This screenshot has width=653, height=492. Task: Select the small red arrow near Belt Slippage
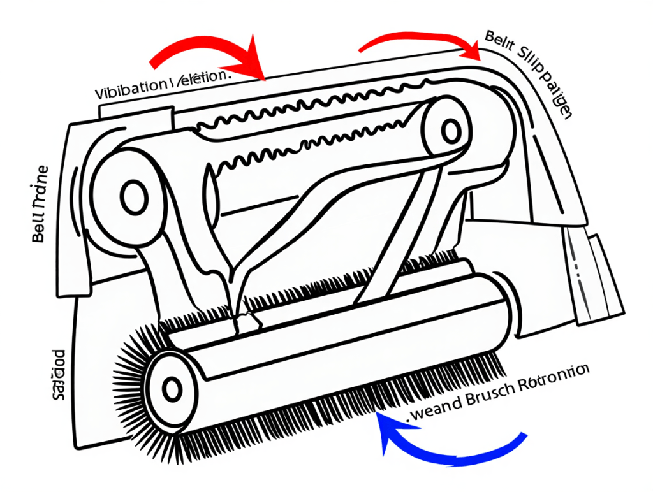coord(421,40)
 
